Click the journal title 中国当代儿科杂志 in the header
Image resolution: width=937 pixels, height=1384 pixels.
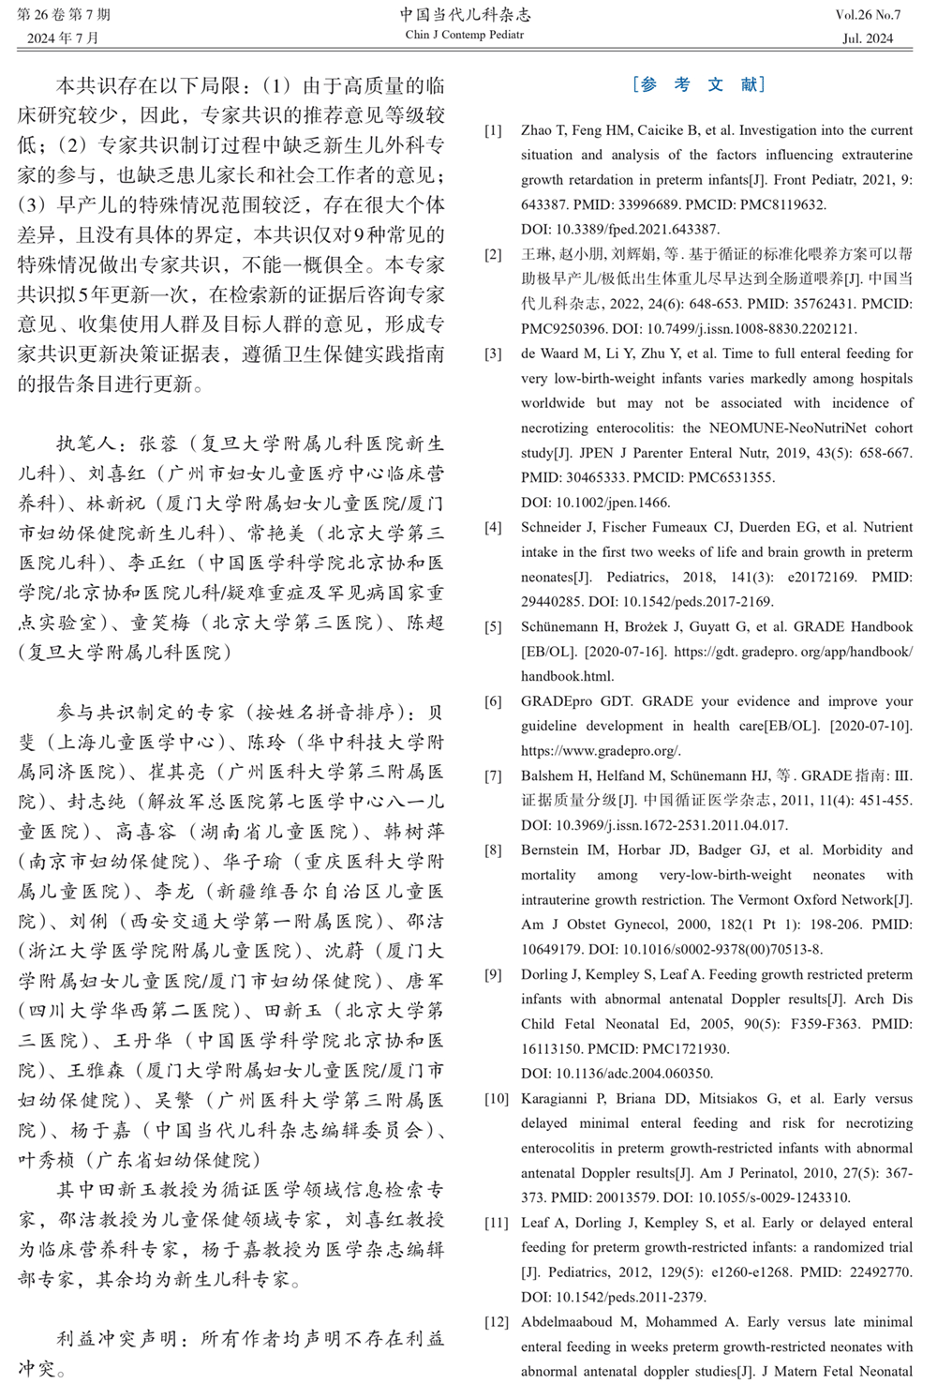pyautogui.click(x=465, y=14)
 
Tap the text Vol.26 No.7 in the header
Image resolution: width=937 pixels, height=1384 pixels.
pyautogui.click(x=868, y=15)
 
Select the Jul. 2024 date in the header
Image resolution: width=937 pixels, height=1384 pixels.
pyautogui.click(x=868, y=38)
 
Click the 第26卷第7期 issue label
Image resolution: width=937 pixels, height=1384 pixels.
pyautogui.click(x=64, y=15)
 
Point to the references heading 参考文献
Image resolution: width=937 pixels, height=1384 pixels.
pyautogui.click(x=699, y=84)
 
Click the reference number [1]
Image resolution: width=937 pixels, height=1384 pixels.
pyautogui.click(x=493, y=130)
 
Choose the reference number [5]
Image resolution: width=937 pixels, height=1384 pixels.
pyautogui.click(x=493, y=626)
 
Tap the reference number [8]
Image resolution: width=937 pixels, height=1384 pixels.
pyautogui.click(x=493, y=850)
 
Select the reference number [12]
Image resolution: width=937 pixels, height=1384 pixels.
pyautogui.click(x=496, y=1322)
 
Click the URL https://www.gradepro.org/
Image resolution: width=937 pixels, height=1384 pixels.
pyautogui.click(x=601, y=750)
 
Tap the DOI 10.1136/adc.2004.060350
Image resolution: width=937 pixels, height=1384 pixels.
pyautogui.click(x=617, y=1073)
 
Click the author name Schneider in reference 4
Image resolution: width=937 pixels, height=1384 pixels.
pyautogui.click(x=550, y=527)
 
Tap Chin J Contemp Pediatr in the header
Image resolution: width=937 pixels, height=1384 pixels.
pyautogui.click(x=465, y=36)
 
